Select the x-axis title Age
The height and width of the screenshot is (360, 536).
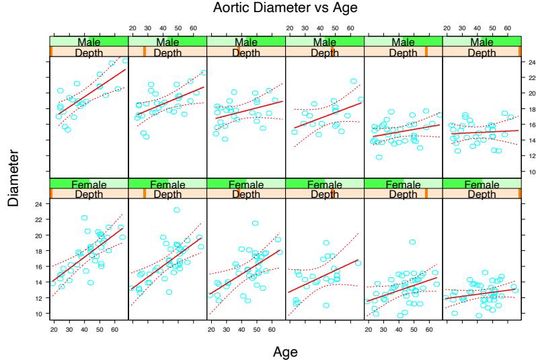pyautogui.click(x=284, y=351)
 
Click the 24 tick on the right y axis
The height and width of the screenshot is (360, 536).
pyautogui.click(x=531, y=62)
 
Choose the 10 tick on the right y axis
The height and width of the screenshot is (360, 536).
pyautogui.click(x=531, y=172)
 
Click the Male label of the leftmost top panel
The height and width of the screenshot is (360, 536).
pyautogui.click(x=89, y=42)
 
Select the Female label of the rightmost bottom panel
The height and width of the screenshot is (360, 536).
pyautogui.click(x=482, y=184)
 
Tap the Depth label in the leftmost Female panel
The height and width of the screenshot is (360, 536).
pyautogui.click(x=89, y=194)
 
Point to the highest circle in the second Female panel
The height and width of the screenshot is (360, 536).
pyautogui.click(x=177, y=210)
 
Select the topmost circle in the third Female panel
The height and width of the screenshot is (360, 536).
pyautogui.click(x=256, y=223)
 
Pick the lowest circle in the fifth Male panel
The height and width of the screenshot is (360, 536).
pyautogui.click(x=379, y=157)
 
